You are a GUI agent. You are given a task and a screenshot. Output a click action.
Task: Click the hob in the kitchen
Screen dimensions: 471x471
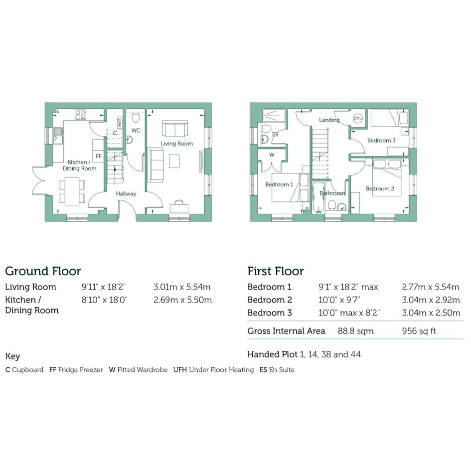point(81,114)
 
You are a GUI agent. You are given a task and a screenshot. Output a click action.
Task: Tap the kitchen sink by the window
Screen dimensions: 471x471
point(58,135)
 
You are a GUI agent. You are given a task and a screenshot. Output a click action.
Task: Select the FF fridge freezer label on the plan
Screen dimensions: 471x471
point(99,156)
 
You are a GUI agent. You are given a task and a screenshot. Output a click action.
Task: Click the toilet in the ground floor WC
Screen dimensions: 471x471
point(136,118)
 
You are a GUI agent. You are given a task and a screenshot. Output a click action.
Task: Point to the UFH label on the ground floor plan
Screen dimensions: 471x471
point(120,122)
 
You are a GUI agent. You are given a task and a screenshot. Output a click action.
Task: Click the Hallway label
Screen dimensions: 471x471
point(126,194)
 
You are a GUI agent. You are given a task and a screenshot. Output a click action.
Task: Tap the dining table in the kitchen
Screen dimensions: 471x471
point(72,191)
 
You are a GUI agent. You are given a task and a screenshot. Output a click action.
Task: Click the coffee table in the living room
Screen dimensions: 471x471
point(174,160)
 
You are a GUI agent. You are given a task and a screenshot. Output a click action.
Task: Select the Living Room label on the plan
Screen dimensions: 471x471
point(176,144)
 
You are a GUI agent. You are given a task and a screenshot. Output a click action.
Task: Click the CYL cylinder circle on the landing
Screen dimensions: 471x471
point(358,118)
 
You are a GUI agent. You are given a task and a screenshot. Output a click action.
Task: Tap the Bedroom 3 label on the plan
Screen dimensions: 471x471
point(381,140)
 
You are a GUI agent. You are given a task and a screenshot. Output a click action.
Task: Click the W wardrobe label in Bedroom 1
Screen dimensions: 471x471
point(272,155)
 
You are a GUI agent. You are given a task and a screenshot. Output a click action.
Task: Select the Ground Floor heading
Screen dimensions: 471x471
point(43,271)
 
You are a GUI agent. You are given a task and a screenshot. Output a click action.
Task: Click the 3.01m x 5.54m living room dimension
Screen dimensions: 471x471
point(182,287)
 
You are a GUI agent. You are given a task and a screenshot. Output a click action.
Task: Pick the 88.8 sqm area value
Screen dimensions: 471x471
point(356,331)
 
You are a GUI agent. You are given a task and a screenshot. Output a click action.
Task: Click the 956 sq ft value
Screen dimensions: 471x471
point(419,331)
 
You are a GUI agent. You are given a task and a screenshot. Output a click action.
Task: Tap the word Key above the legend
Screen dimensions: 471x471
point(12,356)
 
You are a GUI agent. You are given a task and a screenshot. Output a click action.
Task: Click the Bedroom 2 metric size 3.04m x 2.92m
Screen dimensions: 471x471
point(431,300)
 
